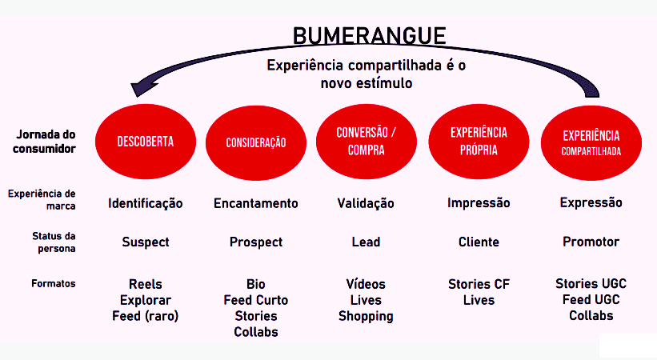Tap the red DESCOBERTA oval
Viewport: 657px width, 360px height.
coord(145,142)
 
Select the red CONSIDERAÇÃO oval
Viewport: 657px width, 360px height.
coord(255,142)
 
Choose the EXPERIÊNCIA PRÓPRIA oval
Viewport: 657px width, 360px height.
coord(479,141)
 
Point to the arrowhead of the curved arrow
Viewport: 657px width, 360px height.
coord(144,86)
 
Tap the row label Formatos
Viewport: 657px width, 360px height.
coord(54,283)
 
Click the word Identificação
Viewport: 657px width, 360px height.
coord(145,203)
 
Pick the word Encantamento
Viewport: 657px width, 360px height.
coord(255,203)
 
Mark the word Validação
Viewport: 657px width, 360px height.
coord(366,203)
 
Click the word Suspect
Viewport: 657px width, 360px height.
coord(145,242)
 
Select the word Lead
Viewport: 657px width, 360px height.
coord(366,242)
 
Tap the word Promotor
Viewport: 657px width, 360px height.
coord(591,242)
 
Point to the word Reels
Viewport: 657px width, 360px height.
coord(145,284)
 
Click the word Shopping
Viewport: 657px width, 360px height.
coord(366,316)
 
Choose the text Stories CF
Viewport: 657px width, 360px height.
coord(479,284)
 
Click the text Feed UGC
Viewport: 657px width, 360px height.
coord(591,300)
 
